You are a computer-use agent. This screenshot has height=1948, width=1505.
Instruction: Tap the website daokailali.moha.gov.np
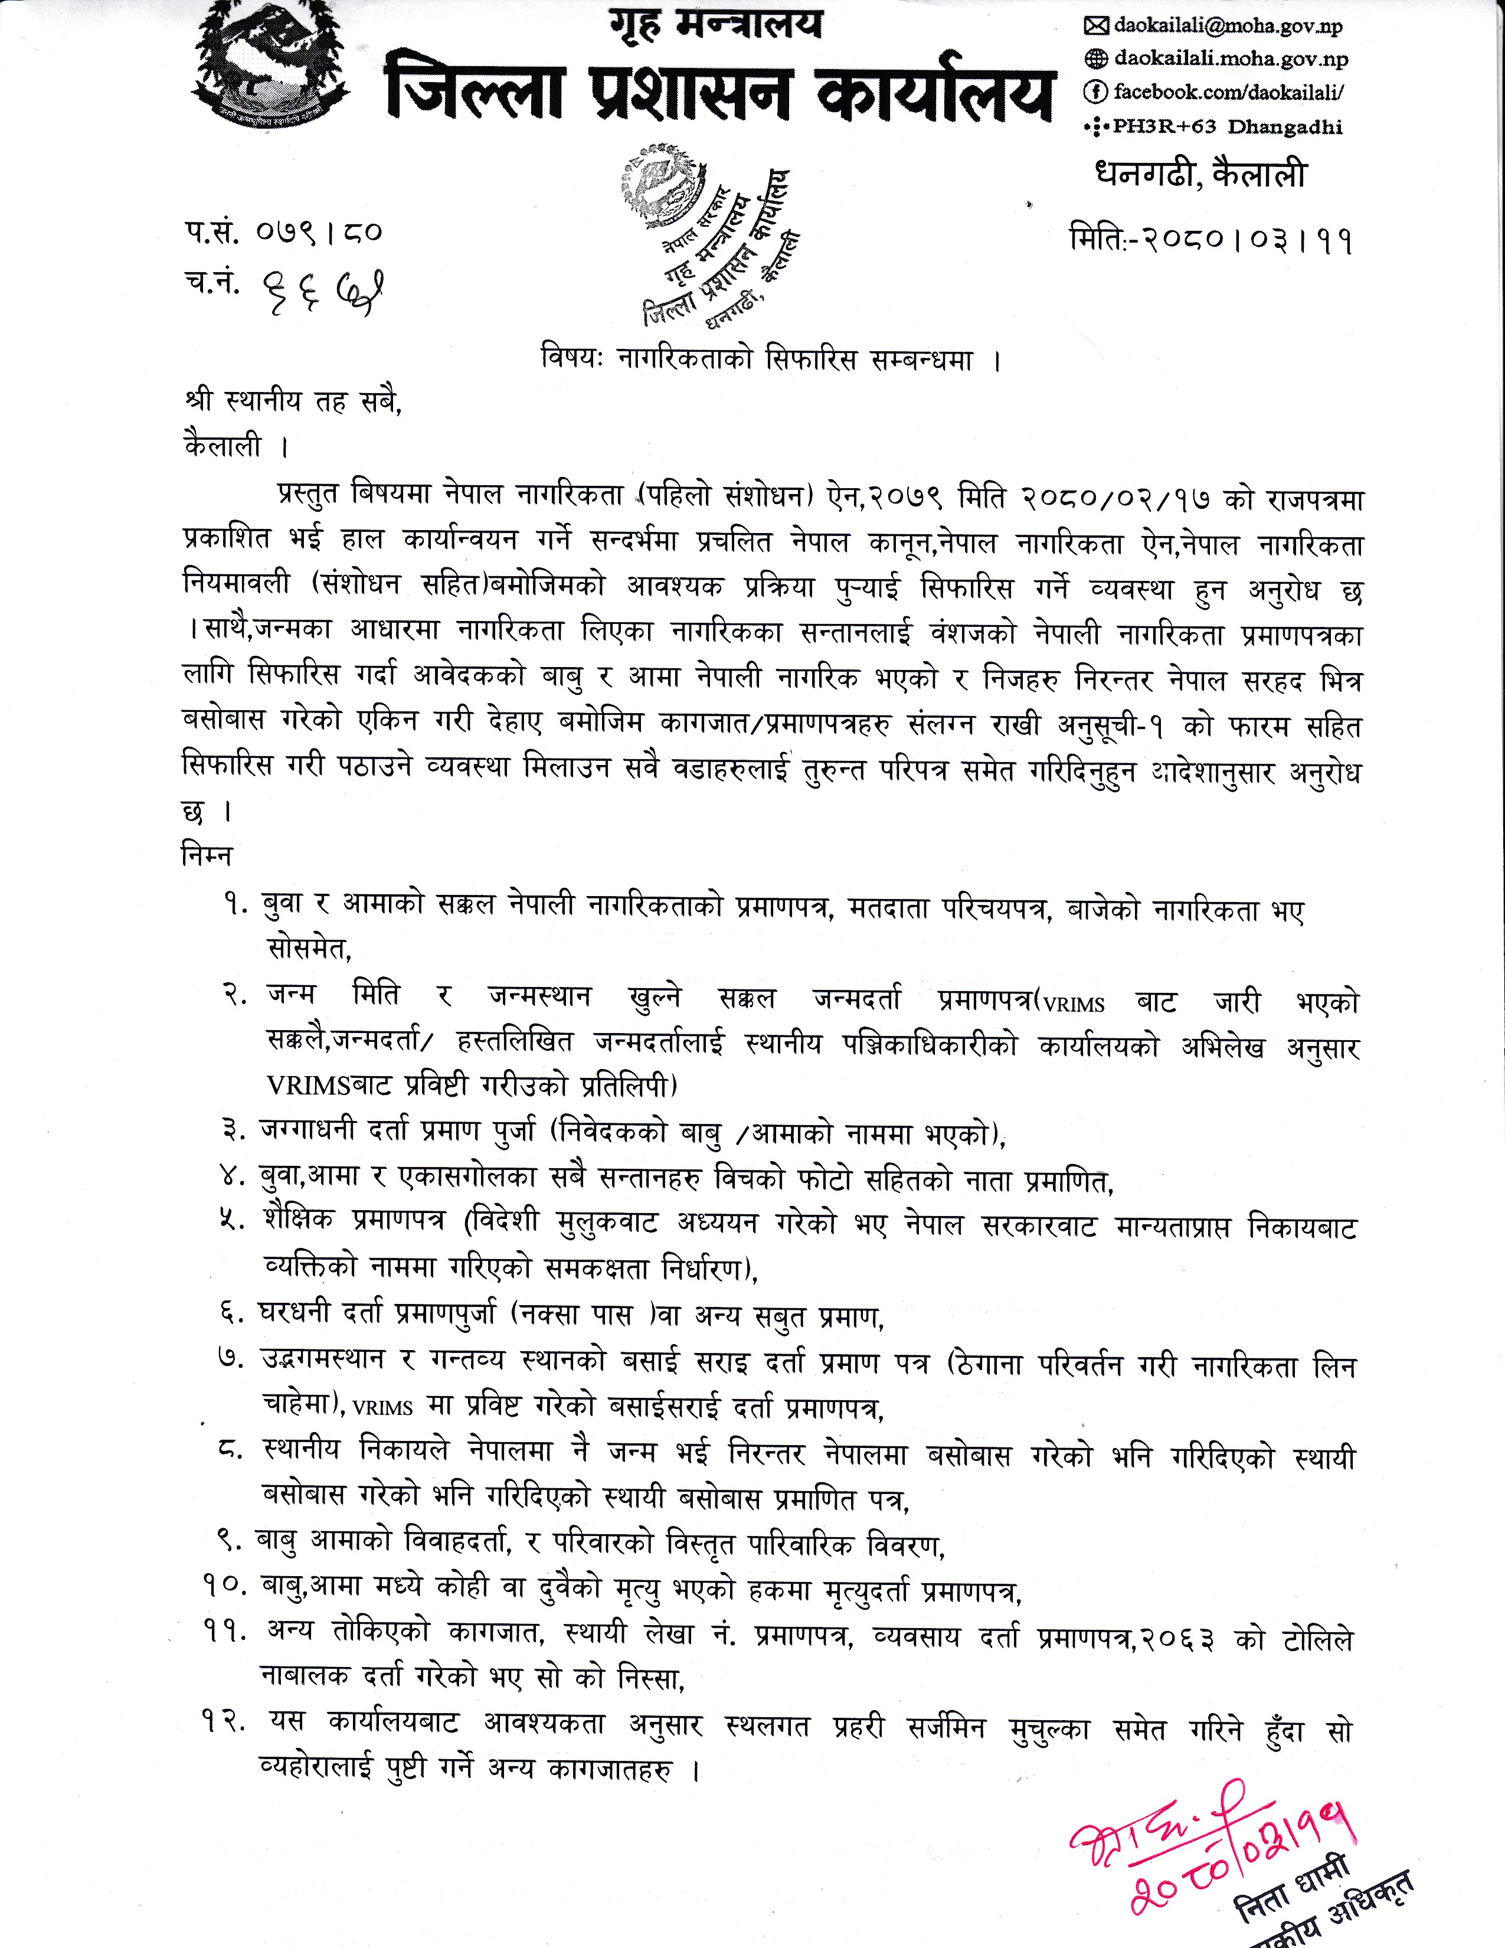(x=1231, y=59)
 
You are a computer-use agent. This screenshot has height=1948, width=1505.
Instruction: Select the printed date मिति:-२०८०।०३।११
(x=1210, y=239)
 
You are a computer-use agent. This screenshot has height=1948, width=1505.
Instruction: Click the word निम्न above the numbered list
(x=207, y=855)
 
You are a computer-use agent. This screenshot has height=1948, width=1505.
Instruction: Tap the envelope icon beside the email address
(x=1094, y=27)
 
